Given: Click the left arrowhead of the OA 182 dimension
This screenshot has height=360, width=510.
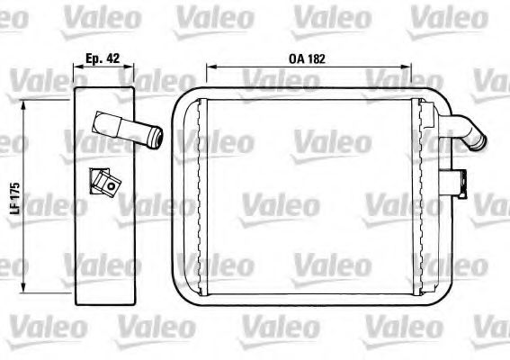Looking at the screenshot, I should (x=209, y=67).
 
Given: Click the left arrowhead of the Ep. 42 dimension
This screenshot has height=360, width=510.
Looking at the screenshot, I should (x=74, y=67).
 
